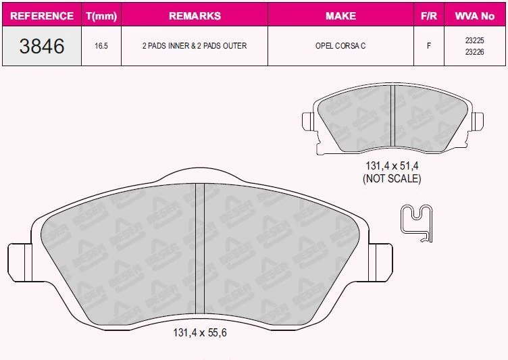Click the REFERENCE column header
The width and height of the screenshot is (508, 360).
pyautogui.click(x=42, y=16)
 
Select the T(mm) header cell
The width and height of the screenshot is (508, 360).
pyautogui.click(x=101, y=16)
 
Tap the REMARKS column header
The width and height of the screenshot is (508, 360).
pyautogui.click(x=195, y=16)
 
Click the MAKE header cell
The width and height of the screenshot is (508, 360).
pyautogui.click(x=341, y=16)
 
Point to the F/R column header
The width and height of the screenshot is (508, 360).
pyautogui.click(x=428, y=16)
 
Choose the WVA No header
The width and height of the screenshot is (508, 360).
pyautogui.click(x=475, y=16)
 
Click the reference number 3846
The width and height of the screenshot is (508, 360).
pyautogui.click(x=42, y=46)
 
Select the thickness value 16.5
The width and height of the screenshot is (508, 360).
pyautogui.click(x=101, y=46)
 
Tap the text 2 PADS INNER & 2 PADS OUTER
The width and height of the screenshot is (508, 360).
pyautogui.click(x=195, y=46)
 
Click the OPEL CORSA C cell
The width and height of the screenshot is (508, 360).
pyautogui.click(x=340, y=46)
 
